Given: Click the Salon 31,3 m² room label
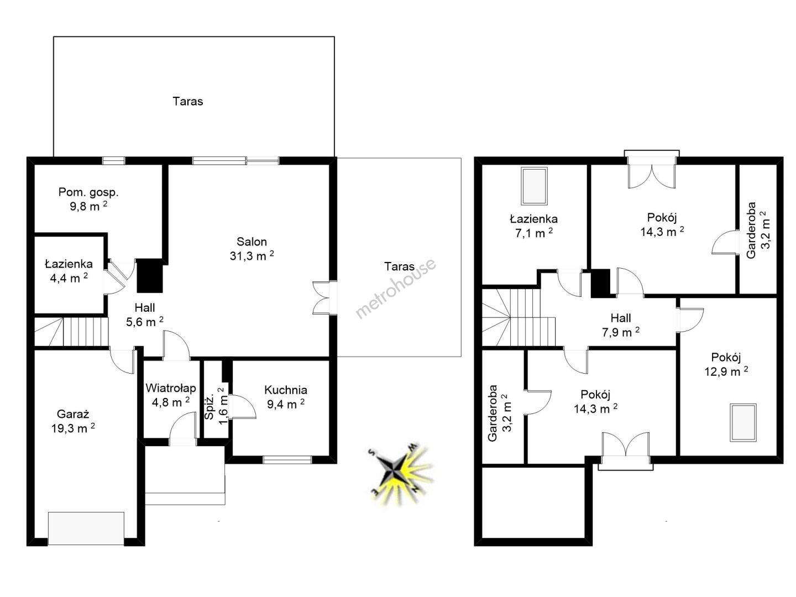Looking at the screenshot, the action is coord(252,249).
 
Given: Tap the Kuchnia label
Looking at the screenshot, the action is coord(285,390).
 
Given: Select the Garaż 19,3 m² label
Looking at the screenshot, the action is coord(73,421).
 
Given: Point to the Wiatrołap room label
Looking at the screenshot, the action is coord(170,388).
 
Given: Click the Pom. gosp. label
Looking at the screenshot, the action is coord(88,192).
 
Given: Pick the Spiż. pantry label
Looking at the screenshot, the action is coord(210,408).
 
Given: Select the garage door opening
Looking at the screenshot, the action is coord(86,528).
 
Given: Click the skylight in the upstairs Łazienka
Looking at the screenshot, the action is coord(534,186).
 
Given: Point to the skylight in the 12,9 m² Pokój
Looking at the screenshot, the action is coord(743,423).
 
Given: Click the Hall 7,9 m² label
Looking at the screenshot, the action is coord(620,325).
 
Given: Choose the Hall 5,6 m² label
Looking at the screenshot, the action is coord(145,315).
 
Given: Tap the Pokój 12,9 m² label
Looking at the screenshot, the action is coord(726,364).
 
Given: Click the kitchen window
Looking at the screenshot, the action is coord(287,459).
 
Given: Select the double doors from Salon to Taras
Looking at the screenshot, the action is coord(324,297).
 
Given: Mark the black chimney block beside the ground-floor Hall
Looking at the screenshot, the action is coord(150,275).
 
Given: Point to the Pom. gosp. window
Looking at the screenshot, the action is coord(113,160).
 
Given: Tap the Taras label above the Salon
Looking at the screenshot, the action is coord(187,101).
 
